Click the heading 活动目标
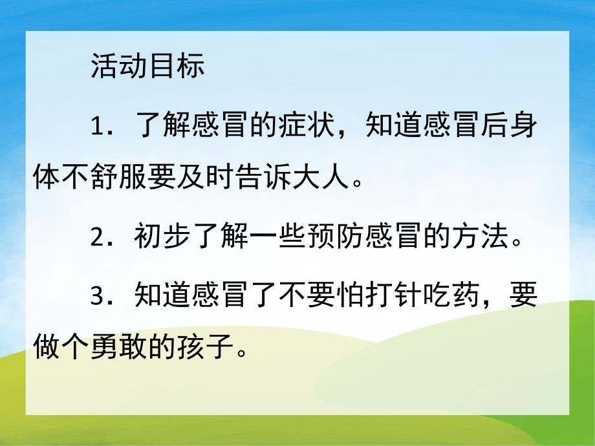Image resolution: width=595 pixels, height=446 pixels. click(x=147, y=67)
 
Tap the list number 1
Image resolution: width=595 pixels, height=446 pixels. click(x=98, y=125)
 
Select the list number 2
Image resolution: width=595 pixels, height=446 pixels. click(x=98, y=238)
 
